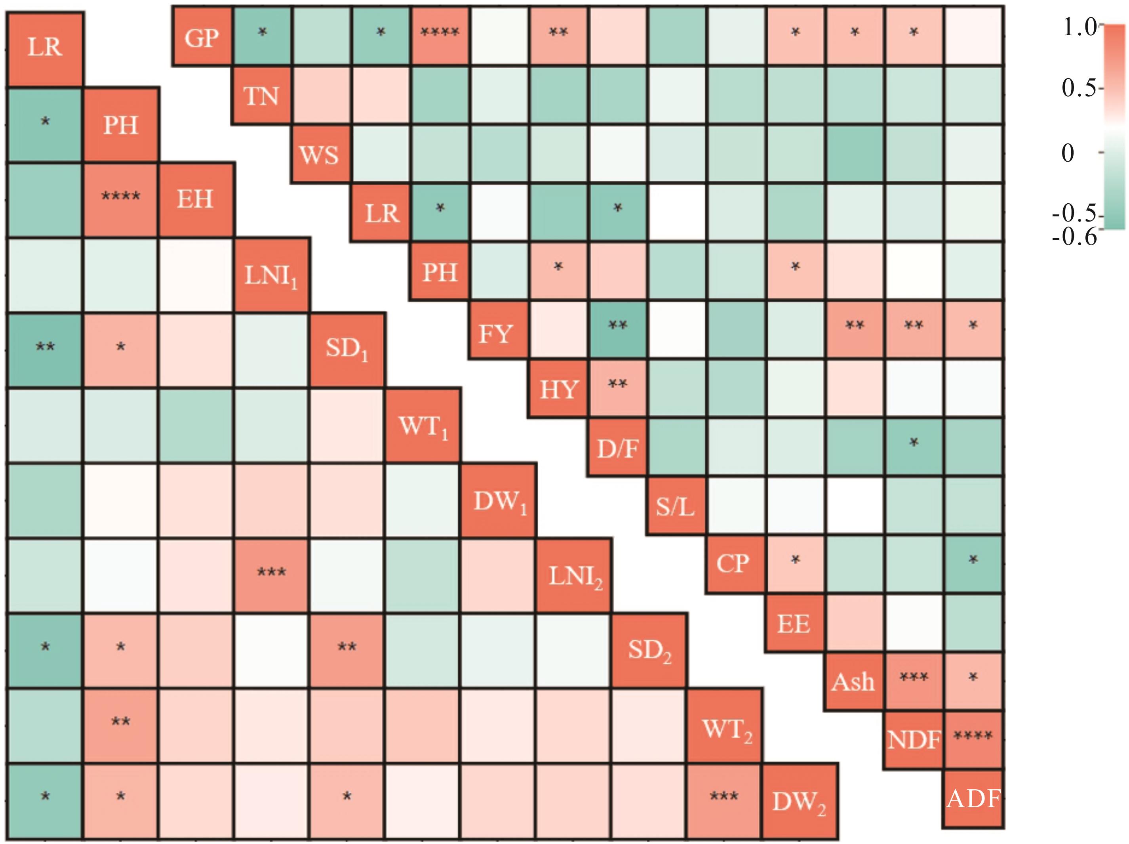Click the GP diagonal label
tap(202, 37)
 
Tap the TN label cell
tap(261, 95)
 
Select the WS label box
tap(320, 154)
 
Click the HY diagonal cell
tap(558, 389)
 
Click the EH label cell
tap(196, 200)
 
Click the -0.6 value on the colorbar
tap(1074, 237)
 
